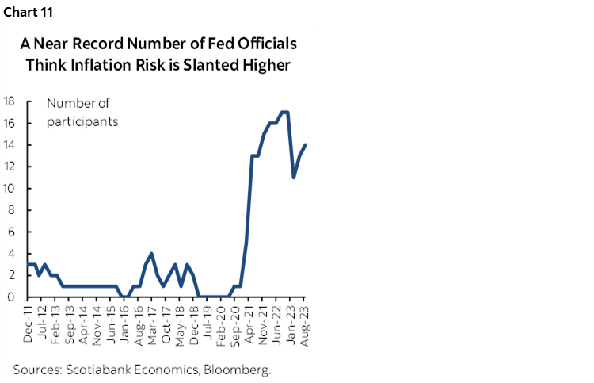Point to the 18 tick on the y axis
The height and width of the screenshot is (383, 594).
click(10, 101)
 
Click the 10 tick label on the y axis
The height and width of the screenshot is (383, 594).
click(10, 188)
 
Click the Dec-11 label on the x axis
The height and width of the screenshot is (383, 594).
click(29, 324)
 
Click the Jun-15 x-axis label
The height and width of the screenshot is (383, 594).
click(112, 324)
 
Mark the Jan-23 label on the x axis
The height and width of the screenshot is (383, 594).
click(292, 324)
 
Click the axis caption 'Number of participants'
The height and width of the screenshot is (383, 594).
click(82, 112)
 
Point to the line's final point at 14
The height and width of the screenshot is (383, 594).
click(306, 144)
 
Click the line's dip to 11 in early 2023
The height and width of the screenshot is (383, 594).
click(294, 177)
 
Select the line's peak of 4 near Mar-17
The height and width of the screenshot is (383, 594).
click(151, 254)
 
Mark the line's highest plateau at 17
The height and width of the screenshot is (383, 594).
click(284, 112)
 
